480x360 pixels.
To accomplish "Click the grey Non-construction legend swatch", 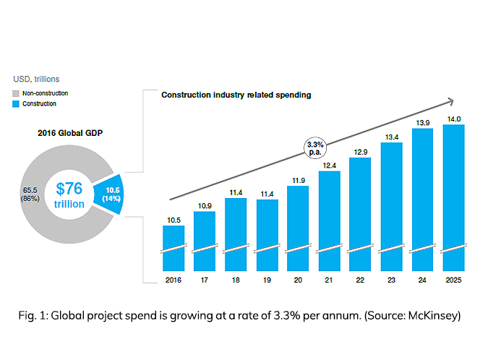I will coord(18,93).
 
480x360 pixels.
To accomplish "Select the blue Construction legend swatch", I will coord(18,104).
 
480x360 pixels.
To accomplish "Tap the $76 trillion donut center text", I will coord(69,195).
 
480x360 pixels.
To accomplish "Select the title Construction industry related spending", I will coord(236,95).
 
